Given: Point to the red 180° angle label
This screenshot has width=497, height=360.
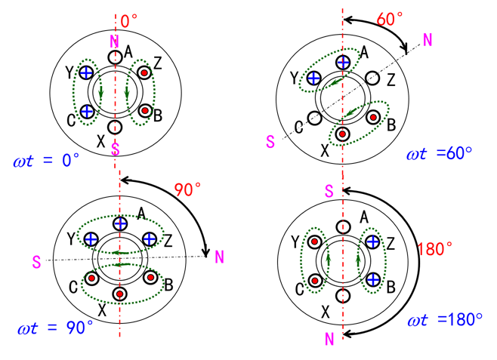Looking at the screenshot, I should pos(435,247).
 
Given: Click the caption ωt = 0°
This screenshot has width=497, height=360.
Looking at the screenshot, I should pos(46,161).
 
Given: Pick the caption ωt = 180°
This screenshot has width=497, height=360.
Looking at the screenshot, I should pos(446,320).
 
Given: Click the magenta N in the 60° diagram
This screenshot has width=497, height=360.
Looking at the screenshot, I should pos(428,40).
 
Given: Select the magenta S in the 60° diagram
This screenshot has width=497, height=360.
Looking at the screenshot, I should pos(270,140).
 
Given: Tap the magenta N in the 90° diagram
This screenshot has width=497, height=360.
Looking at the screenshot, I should pos(219,258).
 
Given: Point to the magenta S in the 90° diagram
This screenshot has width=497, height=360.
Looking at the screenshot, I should pos(35,262).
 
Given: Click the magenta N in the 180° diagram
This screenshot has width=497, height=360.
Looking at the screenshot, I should pos(329,339).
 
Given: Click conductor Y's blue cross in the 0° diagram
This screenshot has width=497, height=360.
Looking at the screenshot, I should pos(86,72).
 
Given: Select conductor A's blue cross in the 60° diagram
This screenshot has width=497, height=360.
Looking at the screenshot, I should pos(344,61).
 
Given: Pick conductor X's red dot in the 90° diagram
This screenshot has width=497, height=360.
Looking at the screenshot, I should pos(120,293).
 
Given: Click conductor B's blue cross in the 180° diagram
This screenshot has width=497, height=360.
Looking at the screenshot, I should pos(372,279).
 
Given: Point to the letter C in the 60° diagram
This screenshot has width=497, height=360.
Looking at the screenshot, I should pos(299,126).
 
